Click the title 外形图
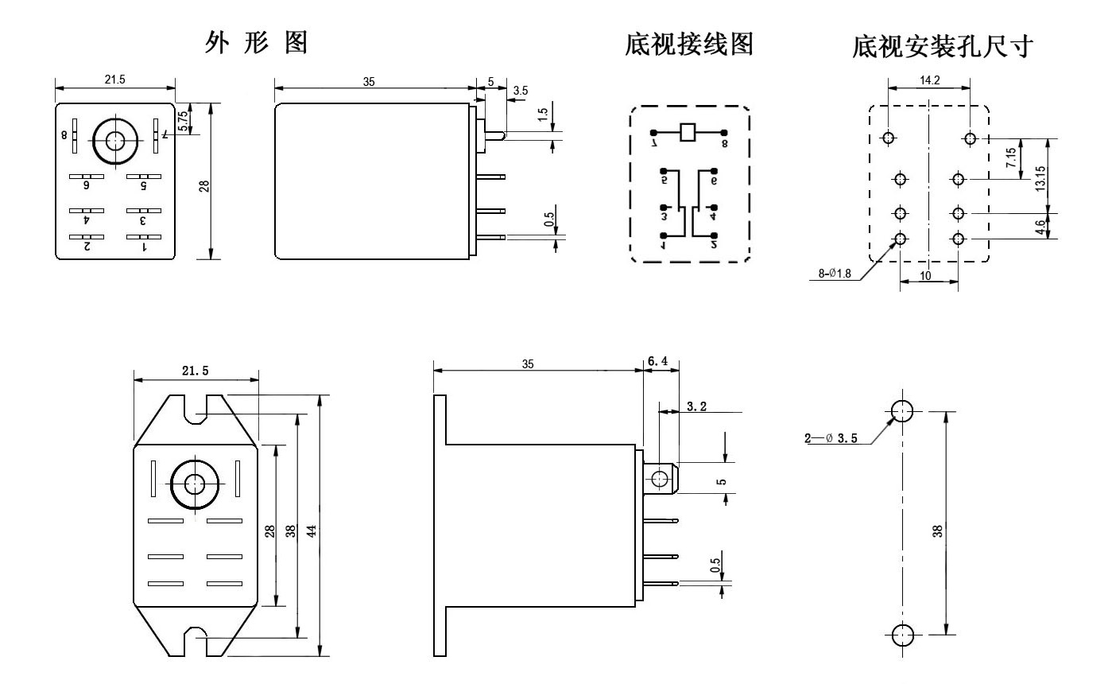pyautogui.click(x=256, y=44)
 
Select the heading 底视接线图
pyautogui.click(x=689, y=45)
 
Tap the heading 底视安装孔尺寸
pyautogui.click(x=941, y=47)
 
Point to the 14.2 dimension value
pyautogui.click(x=928, y=80)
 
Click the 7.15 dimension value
pyautogui.click(x=1010, y=158)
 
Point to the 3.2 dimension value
pyautogui.click(x=697, y=406)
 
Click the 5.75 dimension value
pyautogui.click(x=181, y=120)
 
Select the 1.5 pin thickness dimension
pyautogui.click(x=544, y=113)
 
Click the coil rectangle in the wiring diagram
pyautogui.click(x=688, y=132)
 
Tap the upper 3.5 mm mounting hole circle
pyautogui.click(x=901, y=411)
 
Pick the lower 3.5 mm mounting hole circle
pyautogui.click(x=901, y=635)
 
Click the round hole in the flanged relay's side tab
pyautogui.click(x=659, y=478)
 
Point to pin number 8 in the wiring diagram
pyautogui.click(x=725, y=144)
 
